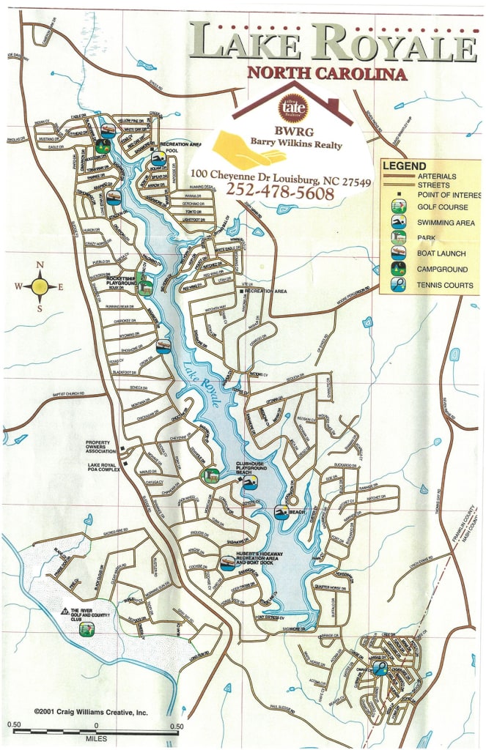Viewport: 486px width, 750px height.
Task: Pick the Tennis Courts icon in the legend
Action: coord(397,285)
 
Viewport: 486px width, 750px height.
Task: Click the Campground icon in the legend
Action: coord(397,269)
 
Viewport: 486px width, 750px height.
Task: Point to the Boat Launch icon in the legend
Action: coord(397,253)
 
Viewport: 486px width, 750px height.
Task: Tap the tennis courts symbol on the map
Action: coord(378,667)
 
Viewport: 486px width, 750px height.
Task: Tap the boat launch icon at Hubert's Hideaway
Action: coord(227,562)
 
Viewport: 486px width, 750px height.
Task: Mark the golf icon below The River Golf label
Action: coord(86,628)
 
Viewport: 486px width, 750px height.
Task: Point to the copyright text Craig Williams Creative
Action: coord(91,711)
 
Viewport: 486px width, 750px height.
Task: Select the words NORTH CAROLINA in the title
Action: coord(326,73)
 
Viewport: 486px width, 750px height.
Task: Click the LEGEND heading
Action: coord(404,166)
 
